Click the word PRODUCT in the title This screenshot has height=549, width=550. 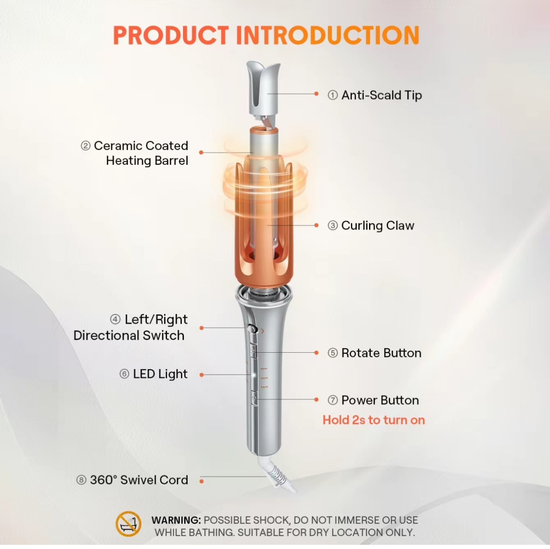[170, 36]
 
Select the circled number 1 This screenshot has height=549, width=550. [333, 95]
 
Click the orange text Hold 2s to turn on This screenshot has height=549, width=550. [374, 420]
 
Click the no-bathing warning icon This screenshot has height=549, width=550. [128, 524]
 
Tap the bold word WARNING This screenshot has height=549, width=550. [176, 520]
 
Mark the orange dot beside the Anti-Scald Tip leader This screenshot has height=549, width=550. [317, 94]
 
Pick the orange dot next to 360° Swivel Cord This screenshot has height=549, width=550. [202, 481]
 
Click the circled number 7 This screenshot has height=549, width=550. [333, 401]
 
